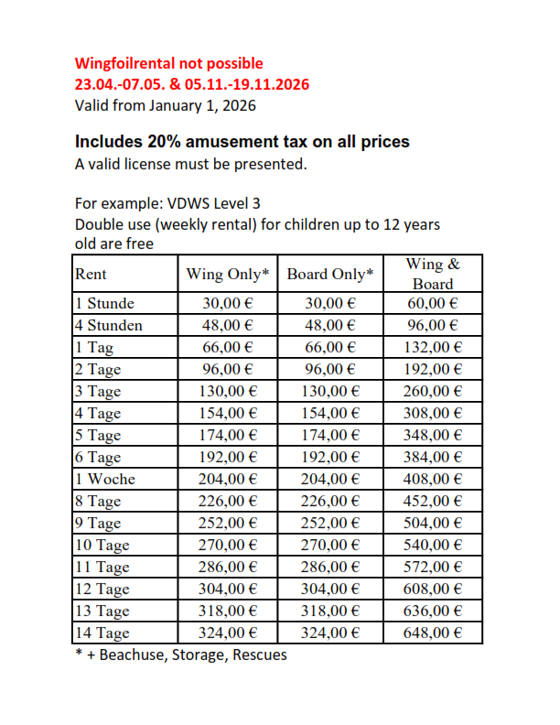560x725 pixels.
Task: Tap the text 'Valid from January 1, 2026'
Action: click(x=165, y=105)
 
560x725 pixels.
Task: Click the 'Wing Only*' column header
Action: click(x=227, y=274)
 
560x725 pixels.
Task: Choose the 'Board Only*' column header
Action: click(x=330, y=274)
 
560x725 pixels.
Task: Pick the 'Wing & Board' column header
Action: click(x=433, y=274)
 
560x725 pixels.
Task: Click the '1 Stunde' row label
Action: click(x=104, y=304)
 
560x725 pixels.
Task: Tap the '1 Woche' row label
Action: click(x=104, y=480)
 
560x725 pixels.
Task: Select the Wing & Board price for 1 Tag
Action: click(x=433, y=348)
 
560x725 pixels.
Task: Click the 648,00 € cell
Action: click(x=433, y=633)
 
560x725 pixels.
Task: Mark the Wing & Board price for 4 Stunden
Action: click(x=433, y=326)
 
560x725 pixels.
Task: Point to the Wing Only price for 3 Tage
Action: click(x=227, y=392)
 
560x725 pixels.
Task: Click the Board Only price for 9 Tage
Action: click(x=330, y=524)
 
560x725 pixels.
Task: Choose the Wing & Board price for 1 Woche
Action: click(x=433, y=480)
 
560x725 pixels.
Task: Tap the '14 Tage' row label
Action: click(x=102, y=633)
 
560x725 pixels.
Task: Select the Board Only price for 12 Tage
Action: click(x=330, y=590)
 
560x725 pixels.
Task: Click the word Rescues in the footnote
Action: click(x=259, y=655)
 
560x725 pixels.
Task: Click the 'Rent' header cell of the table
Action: click(x=91, y=274)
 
